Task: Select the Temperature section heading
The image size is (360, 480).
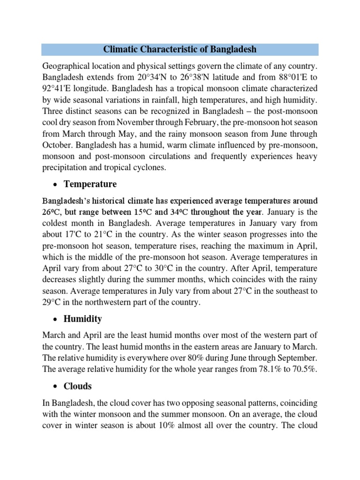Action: [90, 184]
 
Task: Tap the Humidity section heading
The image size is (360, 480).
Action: [83, 319]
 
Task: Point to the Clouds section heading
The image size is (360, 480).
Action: [78, 386]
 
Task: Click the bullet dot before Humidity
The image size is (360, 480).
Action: [54, 319]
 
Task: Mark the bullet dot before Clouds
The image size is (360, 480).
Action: [54, 387]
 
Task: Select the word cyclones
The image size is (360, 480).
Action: [149, 167]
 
